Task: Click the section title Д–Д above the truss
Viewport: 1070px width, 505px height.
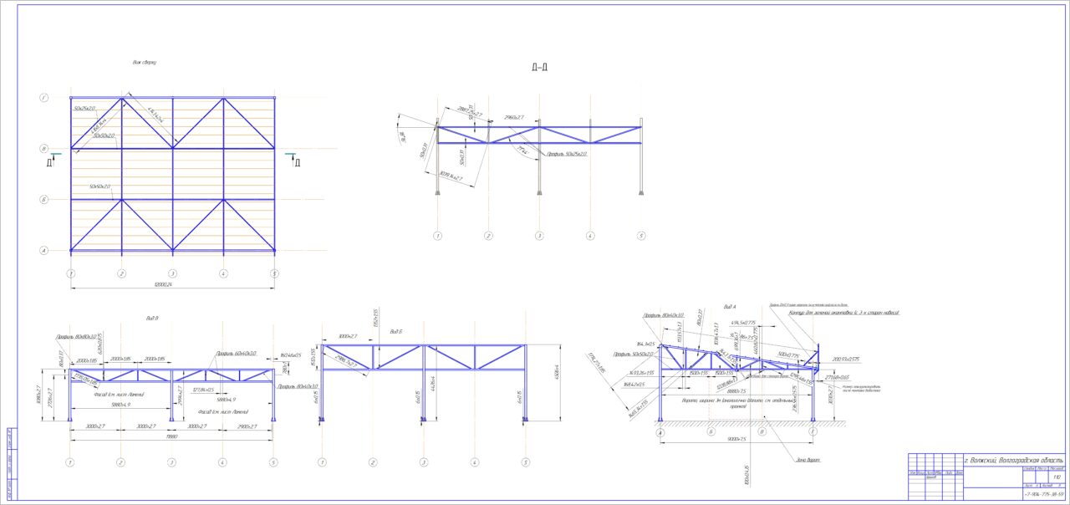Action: click(539, 67)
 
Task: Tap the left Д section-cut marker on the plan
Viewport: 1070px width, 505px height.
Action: click(50, 162)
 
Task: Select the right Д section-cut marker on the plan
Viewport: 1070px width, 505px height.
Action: click(296, 162)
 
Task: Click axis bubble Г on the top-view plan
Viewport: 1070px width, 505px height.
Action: click(43, 98)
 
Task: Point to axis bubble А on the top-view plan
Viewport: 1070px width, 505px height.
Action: click(43, 250)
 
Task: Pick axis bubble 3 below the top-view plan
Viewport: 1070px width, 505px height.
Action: click(172, 273)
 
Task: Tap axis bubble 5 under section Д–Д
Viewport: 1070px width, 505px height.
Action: click(641, 236)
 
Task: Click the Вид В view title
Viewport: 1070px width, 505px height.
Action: click(151, 319)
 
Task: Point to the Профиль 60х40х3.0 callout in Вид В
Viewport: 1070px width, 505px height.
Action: click(236, 354)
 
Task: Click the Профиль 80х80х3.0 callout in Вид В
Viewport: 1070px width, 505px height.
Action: click(76, 336)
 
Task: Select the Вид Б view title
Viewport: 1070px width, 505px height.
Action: click(395, 331)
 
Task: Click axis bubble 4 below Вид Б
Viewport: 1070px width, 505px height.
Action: click(475, 462)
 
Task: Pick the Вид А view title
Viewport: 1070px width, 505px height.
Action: click(729, 308)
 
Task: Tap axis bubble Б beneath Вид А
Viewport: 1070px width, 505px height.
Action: click(711, 432)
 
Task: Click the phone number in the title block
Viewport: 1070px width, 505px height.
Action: click(1043, 495)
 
